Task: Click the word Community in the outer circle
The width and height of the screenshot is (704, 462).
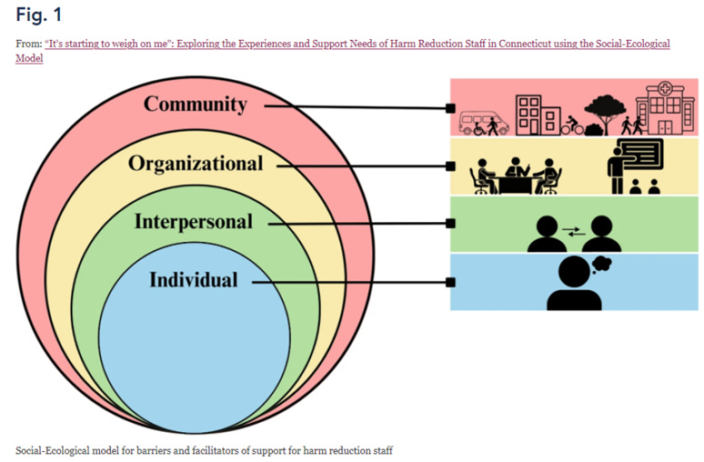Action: [196, 104]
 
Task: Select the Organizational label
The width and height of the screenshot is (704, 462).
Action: [196, 164]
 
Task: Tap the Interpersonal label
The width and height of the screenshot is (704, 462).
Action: [193, 221]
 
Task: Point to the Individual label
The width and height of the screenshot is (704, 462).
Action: [193, 280]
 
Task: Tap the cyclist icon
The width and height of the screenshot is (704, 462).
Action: [572, 126]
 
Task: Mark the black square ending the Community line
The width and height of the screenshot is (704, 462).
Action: [450, 109]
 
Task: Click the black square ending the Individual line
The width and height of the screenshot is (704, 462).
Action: [450, 283]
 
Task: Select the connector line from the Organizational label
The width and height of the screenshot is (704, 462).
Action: [364, 166]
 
